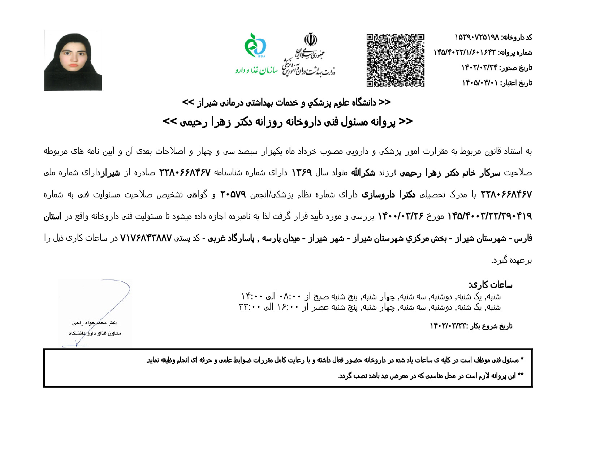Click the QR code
point(395,60)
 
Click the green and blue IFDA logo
point(255,46)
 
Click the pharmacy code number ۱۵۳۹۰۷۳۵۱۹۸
point(477,37)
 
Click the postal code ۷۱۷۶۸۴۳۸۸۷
point(146,238)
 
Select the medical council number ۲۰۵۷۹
point(233,195)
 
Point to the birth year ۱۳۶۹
point(301,172)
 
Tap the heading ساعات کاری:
point(491,285)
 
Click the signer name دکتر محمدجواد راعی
point(95,323)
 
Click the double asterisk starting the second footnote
point(520,376)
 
